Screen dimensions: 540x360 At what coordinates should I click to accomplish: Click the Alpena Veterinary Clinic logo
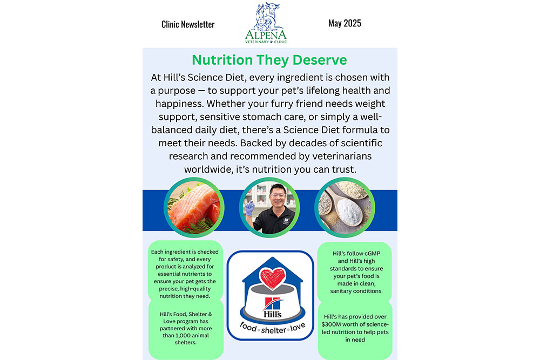[266, 23]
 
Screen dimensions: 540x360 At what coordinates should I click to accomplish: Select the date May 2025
[345, 23]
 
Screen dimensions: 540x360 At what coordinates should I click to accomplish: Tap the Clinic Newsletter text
[188, 24]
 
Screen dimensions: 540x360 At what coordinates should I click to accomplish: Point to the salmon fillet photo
[194, 208]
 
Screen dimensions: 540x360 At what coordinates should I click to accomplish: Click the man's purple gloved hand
[249, 208]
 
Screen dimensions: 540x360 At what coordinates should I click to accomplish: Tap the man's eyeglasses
[278, 195]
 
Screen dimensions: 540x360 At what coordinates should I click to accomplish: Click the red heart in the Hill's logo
[272, 278]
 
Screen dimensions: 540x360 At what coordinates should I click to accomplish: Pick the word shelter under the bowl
[273, 330]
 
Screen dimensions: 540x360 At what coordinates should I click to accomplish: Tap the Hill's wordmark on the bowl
[272, 314]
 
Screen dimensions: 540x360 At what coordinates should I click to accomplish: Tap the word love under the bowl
[298, 327]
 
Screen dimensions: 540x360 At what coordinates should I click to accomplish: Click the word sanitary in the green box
[341, 291]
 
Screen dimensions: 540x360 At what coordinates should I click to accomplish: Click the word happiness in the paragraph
[179, 104]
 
